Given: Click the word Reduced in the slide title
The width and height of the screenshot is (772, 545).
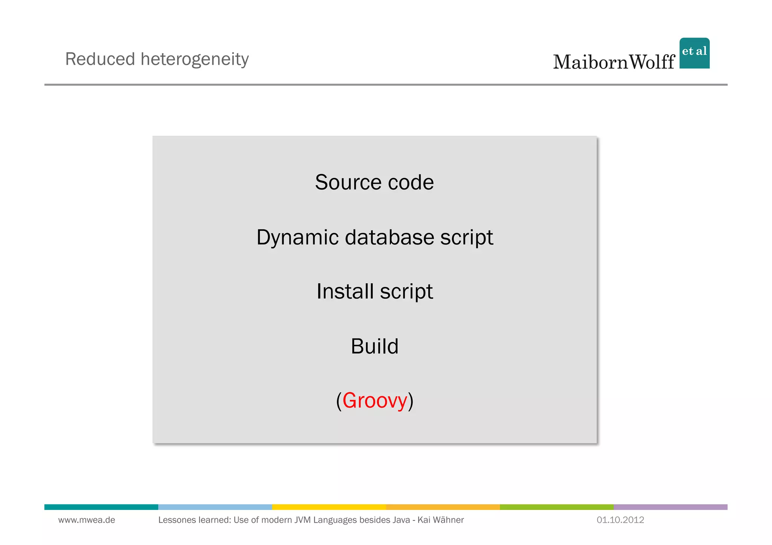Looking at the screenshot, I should coord(100,59).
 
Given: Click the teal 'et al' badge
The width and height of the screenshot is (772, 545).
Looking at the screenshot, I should coord(694,53).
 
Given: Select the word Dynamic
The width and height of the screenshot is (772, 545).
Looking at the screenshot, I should coord(297,238).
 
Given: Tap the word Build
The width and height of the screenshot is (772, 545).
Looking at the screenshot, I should coord(374,346).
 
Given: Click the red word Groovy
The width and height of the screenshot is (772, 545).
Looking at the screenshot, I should coord(375,400).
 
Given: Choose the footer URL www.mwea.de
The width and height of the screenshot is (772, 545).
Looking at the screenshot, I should coord(87,520).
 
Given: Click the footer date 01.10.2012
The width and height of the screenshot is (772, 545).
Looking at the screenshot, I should coord(620,520).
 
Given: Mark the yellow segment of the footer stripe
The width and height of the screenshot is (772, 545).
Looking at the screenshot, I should coord(329,507).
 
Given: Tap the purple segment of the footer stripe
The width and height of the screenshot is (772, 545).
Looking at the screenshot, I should coord(670,507).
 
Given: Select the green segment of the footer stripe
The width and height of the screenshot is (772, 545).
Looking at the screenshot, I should coord(556,507).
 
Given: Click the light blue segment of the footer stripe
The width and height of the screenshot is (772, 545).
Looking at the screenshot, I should coord(215,507).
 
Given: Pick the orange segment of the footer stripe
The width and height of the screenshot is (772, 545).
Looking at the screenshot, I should coord(443,507).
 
